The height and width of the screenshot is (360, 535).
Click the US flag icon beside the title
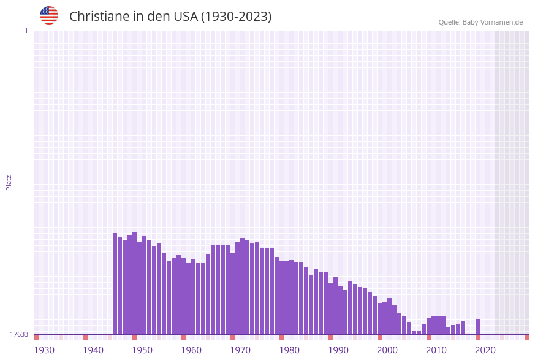49,15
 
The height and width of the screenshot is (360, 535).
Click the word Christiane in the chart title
99,17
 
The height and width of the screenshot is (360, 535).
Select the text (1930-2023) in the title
236,17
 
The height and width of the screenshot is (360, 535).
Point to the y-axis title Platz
9,183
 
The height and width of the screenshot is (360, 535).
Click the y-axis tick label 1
26,31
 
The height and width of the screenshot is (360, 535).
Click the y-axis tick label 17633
19,334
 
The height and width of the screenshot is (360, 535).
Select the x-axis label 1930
44,350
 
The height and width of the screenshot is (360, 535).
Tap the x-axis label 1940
93,350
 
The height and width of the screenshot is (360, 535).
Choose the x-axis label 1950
142,350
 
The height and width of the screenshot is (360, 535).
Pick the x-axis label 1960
191,350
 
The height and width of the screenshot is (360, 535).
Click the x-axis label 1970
240,350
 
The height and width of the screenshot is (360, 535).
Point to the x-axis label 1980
289,350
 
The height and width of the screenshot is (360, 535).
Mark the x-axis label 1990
338,350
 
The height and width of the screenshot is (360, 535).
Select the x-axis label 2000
387,350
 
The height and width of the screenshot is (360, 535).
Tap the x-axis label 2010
436,350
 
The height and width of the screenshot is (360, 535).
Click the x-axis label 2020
485,350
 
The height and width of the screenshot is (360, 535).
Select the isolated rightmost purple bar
478,327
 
